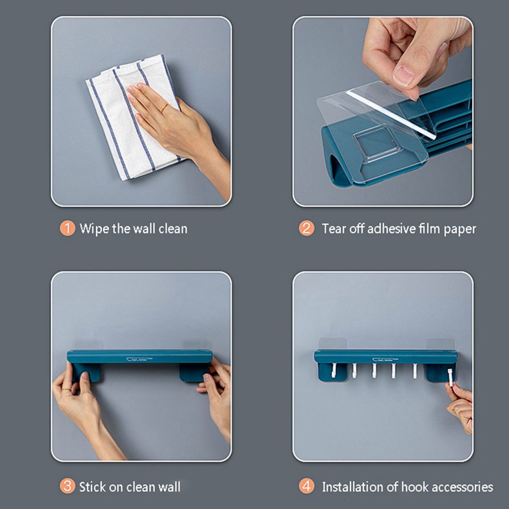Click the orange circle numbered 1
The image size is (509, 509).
[67, 228]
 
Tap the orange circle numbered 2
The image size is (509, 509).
[307, 228]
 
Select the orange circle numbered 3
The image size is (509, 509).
[67, 486]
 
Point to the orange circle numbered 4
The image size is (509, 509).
[307, 486]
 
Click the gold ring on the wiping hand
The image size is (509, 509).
[164, 108]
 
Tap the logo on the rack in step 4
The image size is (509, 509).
[385, 359]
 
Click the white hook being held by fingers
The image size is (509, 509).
[450, 377]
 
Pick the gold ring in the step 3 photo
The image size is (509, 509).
[66, 389]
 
